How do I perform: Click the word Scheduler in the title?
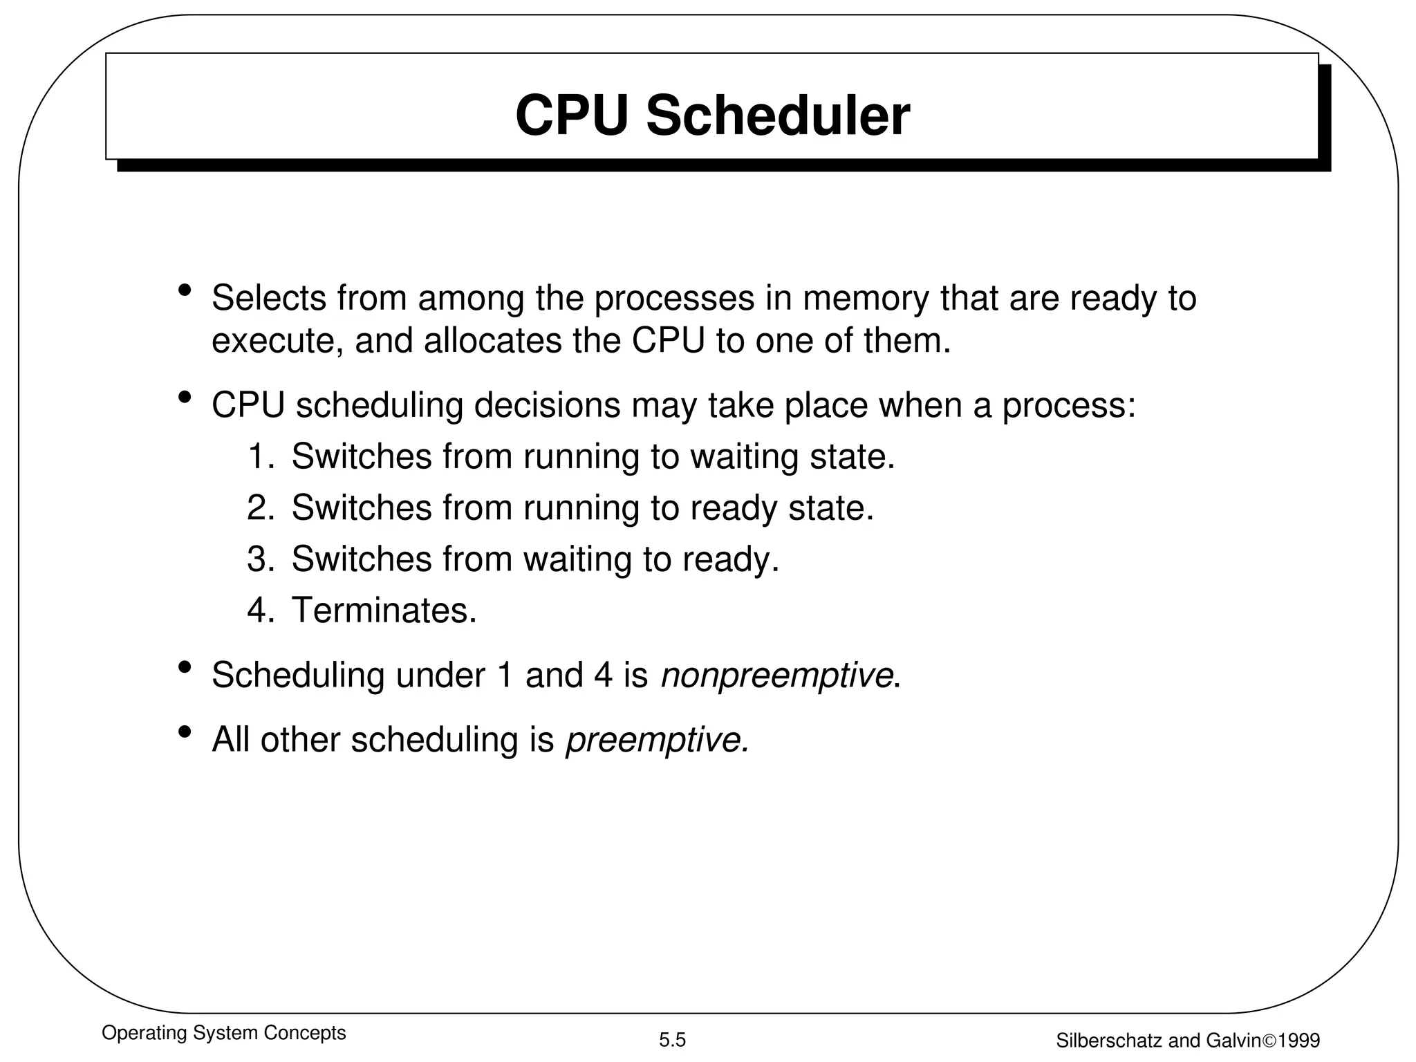pos(778,116)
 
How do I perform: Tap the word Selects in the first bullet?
pos(269,298)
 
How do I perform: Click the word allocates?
pos(492,340)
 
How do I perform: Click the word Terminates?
pos(384,611)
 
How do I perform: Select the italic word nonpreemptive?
pos(776,676)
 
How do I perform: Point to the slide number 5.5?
pos(672,1040)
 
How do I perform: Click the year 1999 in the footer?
pos(1299,1041)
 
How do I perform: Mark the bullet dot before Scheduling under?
pos(185,668)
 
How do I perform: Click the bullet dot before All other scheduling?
pos(185,732)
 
